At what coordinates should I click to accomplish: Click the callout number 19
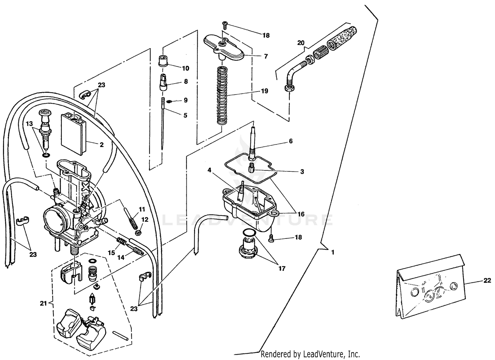(x=264, y=91)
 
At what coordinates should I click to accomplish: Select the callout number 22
(x=487, y=280)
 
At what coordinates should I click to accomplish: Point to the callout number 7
(x=266, y=56)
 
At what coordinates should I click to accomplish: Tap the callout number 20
(x=301, y=43)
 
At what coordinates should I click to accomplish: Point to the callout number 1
(x=333, y=252)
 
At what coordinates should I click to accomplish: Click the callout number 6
(x=290, y=141)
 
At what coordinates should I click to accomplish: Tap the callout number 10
(x=185, y=68)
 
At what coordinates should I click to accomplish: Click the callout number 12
(x=145, y=219)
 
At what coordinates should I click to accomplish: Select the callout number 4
(x=209, y=170)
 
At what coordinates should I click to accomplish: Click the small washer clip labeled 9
(x=169, y=101)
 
